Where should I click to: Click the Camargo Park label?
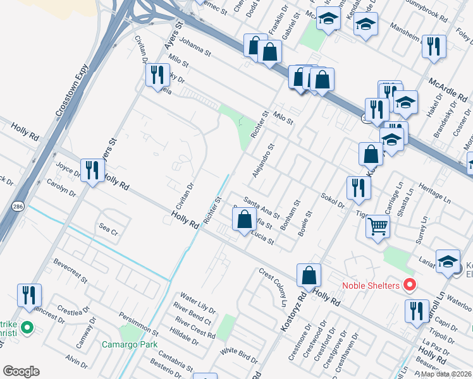(x=130, y=344)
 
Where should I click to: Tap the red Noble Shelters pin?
(x=409, y=286)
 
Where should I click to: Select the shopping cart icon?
(x=378, y=226)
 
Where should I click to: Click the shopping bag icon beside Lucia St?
(x=244, y=219)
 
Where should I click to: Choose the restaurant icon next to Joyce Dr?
(x=94, y=170)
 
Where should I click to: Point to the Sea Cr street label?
(x=107, y=229)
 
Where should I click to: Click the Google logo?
(x=21, y=371)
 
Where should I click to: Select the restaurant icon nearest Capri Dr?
(x=416, y=311)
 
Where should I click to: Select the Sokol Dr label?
(x=332, y=200)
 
